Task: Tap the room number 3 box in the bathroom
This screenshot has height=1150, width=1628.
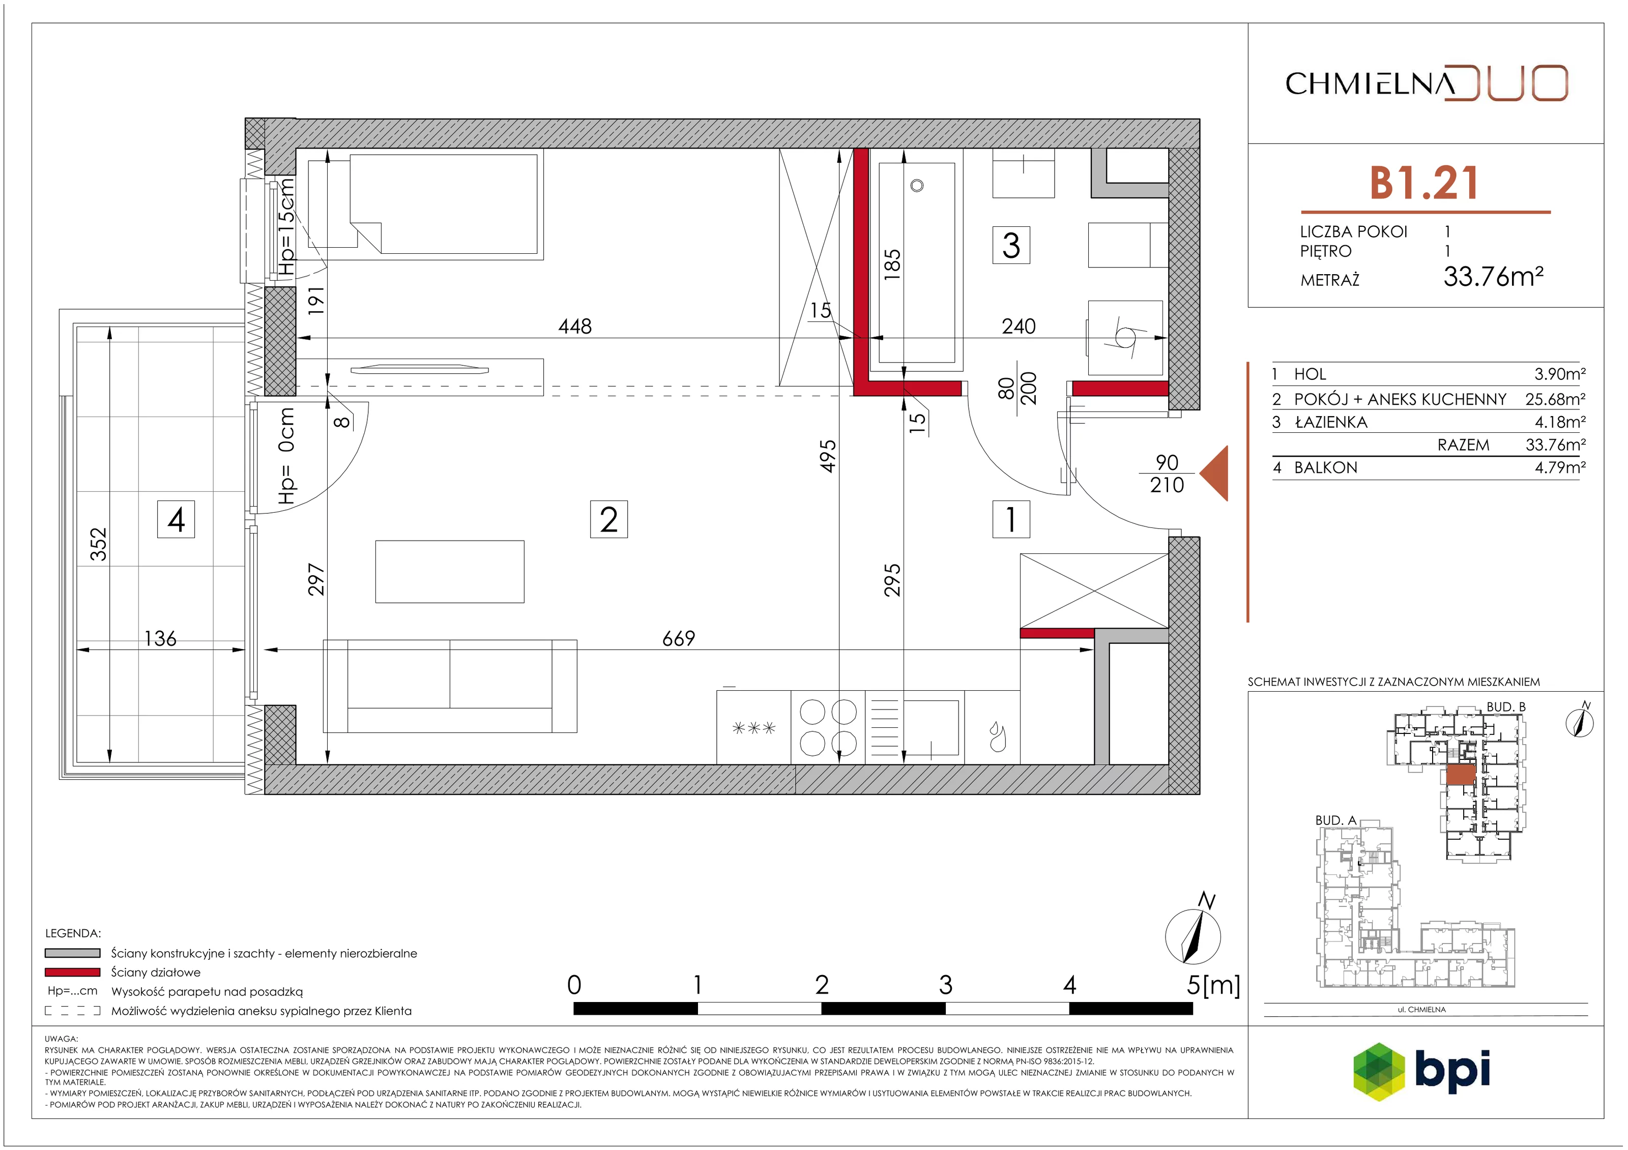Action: click(x=1011, y=245)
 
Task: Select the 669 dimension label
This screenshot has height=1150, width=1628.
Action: click(x=679, y=639)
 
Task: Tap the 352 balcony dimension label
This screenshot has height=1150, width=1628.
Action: click(x=99, y=545)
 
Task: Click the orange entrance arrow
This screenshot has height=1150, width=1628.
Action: click(x=1213, y=473)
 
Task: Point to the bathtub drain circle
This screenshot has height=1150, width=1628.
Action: click(x=917, y=186)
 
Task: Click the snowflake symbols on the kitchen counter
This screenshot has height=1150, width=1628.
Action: click(x=754, y=728)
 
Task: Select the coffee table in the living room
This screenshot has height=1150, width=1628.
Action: click(x=450, y=572)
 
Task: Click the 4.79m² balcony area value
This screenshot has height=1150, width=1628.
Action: click(x=1560, y=467)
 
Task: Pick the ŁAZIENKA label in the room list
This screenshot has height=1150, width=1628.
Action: click(x=1330, y=423)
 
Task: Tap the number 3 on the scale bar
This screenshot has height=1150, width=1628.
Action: click(x=945, y=985)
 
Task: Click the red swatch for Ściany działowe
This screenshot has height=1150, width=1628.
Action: click(x=72, y=972)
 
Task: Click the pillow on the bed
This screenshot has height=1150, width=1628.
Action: click(x=333, y=203)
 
